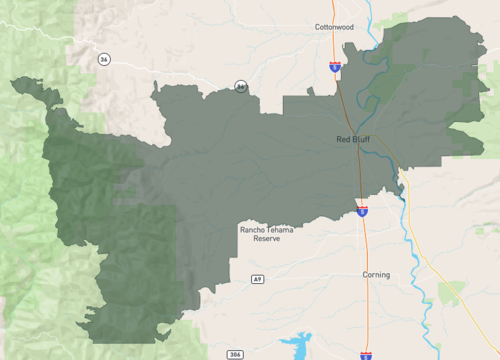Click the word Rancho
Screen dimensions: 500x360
pos(252,230)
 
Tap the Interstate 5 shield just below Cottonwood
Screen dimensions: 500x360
pos(334,67)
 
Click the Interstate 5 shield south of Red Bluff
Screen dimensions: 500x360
pos(362,210)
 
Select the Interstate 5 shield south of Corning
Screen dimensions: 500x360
pos(366,354)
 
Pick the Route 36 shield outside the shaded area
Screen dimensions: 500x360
pos(103,60)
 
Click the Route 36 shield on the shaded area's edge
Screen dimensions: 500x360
pos(241,87)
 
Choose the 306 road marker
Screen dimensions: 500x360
pos(235,354)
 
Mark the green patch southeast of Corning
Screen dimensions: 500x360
pos(451,293)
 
